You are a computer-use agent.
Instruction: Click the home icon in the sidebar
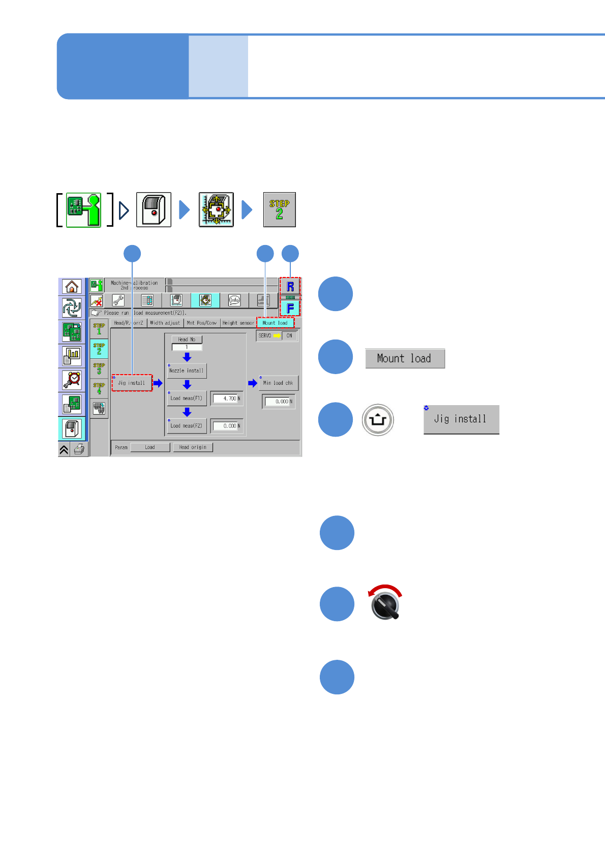click(72, 287)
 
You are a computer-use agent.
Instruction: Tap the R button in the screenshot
click(290, 287)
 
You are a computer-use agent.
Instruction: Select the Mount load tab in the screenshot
click(275, 323)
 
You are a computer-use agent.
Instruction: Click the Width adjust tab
click(165, 323)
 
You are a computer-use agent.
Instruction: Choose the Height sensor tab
click(238, 323)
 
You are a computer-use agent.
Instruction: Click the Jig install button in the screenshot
click(132, 383)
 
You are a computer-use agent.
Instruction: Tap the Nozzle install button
click(187, 371)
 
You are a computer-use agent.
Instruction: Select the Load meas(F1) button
click(187, 398)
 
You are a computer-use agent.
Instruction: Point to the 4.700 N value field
click(227, 399)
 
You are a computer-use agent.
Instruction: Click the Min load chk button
click(278, 383)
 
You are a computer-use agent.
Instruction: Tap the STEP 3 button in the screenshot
click(99, 369)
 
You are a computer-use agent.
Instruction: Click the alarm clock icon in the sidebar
click(72, 379)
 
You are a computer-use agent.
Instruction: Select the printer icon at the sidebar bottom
click(79, 449)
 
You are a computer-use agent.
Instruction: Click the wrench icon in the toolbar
click(118, 300)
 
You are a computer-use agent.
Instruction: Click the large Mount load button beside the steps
click(405, 358)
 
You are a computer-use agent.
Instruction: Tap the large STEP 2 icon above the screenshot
click(279, 209)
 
